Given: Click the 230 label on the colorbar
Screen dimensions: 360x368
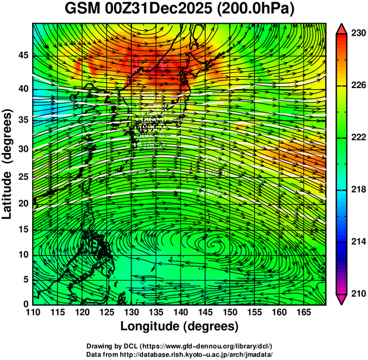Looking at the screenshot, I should (x=357, y=34).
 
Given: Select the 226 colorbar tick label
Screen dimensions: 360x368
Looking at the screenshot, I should (x=357, y=86).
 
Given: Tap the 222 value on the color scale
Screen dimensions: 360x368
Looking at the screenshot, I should (x=357, y=137).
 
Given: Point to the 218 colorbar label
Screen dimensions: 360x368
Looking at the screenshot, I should (x=357, y=190).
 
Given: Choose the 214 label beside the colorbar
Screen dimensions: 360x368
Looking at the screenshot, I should (x=357, y=242).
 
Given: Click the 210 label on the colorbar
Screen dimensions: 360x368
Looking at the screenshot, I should (x=357, y=293).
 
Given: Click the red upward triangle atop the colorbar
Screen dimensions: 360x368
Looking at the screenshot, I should (x=342, y=29).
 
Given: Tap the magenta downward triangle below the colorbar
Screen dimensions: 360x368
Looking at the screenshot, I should (x=342, y=299).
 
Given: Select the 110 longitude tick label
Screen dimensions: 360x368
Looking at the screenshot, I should (x=33, y=312).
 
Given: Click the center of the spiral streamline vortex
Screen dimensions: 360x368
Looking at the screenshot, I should (x=215, y=242).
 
